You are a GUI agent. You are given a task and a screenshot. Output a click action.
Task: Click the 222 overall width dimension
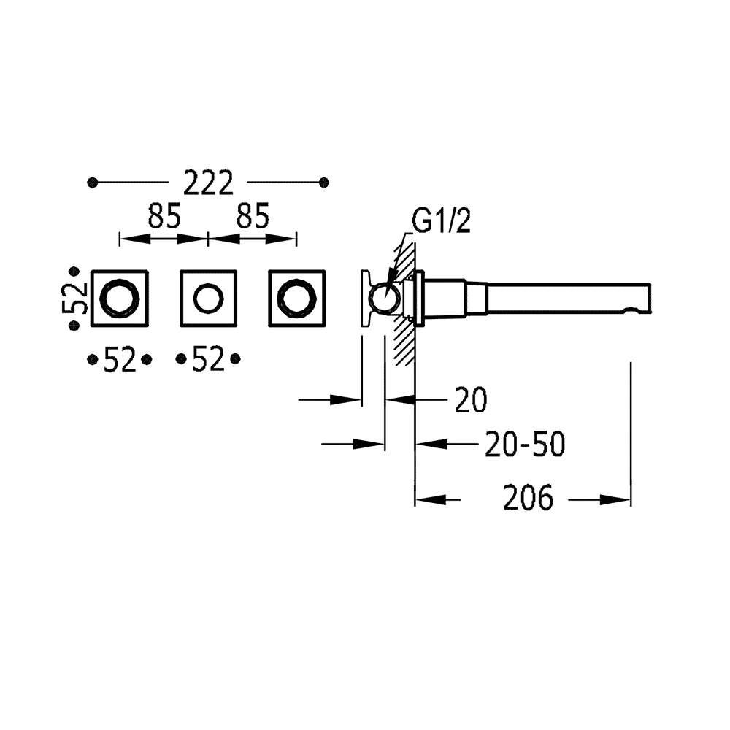(208, 182)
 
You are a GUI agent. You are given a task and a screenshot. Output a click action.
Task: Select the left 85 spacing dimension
(164, 216)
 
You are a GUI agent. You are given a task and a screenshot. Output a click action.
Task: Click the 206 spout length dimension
(529, 499)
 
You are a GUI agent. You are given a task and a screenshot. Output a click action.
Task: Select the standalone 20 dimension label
(472, 400)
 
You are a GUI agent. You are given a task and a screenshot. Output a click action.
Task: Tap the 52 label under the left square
(119, 360)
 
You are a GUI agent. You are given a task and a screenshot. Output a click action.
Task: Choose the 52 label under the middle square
(208, 360)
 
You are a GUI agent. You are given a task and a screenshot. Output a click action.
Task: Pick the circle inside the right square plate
(297, 299)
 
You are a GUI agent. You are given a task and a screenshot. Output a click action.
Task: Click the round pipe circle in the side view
(385, 300)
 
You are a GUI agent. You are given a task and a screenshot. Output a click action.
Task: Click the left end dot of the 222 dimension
(92, 182)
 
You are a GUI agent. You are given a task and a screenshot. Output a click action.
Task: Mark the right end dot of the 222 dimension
(324, 182)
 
